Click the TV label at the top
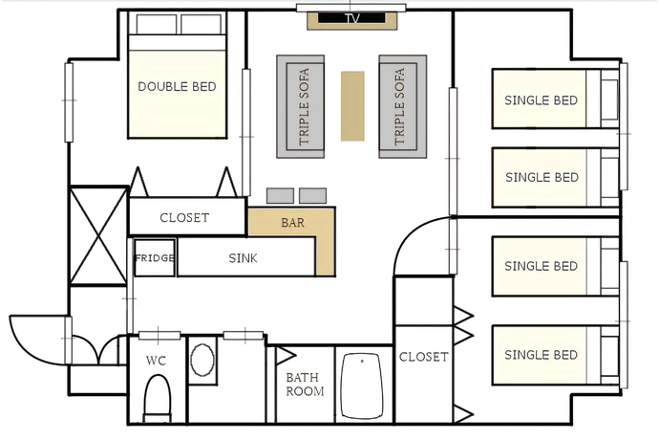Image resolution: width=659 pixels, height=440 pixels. tap(352, 18)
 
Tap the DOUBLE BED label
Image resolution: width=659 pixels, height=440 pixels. tap(177, 87)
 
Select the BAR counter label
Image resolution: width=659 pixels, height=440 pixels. tap(292, 222)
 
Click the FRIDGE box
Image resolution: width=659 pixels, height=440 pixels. tap(154, 257)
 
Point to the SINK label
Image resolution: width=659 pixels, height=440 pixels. tap(243, 258)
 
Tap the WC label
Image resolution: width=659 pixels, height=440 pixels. tap(156, 361)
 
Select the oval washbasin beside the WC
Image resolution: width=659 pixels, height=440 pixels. tap(202, 359)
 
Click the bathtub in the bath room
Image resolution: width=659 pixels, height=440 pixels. tap(362, 385)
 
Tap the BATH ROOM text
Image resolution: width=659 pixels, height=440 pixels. tap(305, 385)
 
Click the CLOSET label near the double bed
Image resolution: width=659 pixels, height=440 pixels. tap(184, 218)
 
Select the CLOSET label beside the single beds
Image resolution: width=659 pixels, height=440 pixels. tap(423, 357)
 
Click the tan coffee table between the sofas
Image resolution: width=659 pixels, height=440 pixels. tap(352, 105)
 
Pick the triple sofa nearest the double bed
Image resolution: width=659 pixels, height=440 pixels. tap(301, 106)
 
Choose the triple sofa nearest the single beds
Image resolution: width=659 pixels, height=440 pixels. tap(403, 106)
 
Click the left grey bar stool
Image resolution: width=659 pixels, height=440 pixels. tap(280, 196)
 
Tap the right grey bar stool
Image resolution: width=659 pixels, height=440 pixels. tap(312, 196)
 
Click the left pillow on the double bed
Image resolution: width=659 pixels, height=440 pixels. tap(157, 24)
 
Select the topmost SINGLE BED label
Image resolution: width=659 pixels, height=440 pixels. tap(541, 100)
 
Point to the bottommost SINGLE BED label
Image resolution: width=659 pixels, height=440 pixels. tap(541, 355)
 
